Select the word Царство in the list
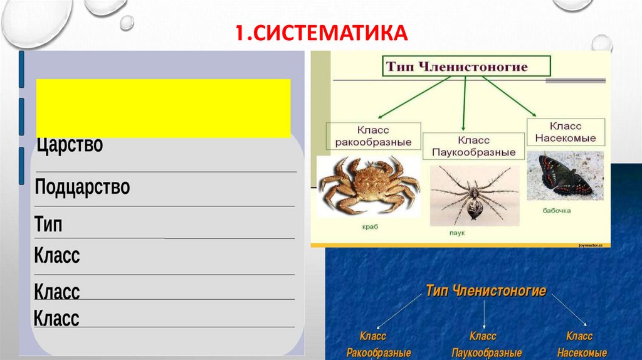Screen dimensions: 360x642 coord(70,146)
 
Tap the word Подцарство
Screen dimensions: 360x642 coord(83,187)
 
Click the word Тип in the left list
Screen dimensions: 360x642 coord(49,225)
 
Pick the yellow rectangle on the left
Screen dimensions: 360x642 coord(163,108)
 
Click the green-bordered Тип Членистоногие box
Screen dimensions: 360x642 coord(466,66)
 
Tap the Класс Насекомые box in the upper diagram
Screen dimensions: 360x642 coord(565,132)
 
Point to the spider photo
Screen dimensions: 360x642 coord(474,195)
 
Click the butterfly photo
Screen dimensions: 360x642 coord(565,176)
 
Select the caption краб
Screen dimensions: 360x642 coord(370,226)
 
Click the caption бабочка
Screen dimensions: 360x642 coord(557,211)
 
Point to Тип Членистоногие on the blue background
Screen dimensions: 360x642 coord(486,291)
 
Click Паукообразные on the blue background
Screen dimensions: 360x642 coord(487,352)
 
